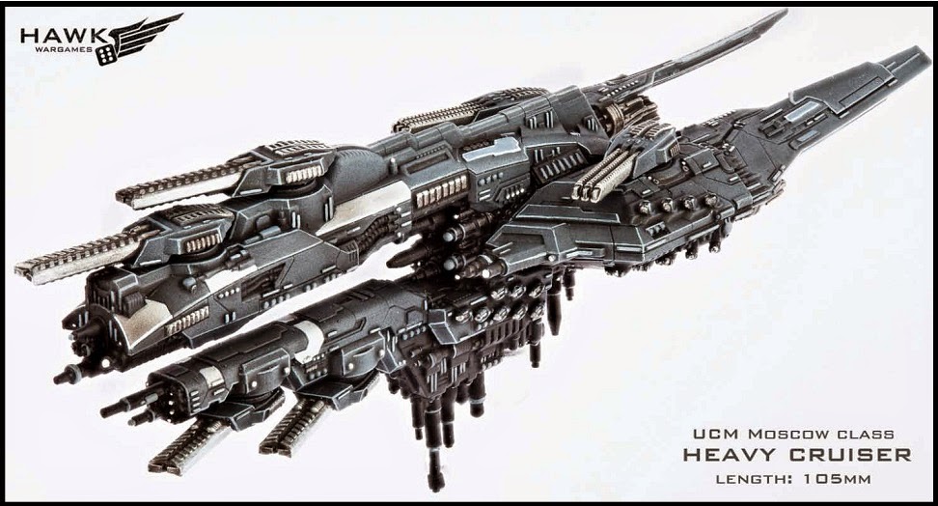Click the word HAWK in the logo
[x=62, y=36]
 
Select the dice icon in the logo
[x=106, y=55]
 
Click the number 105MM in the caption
[x=837, y=479]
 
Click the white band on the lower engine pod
[x=310, y=341]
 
